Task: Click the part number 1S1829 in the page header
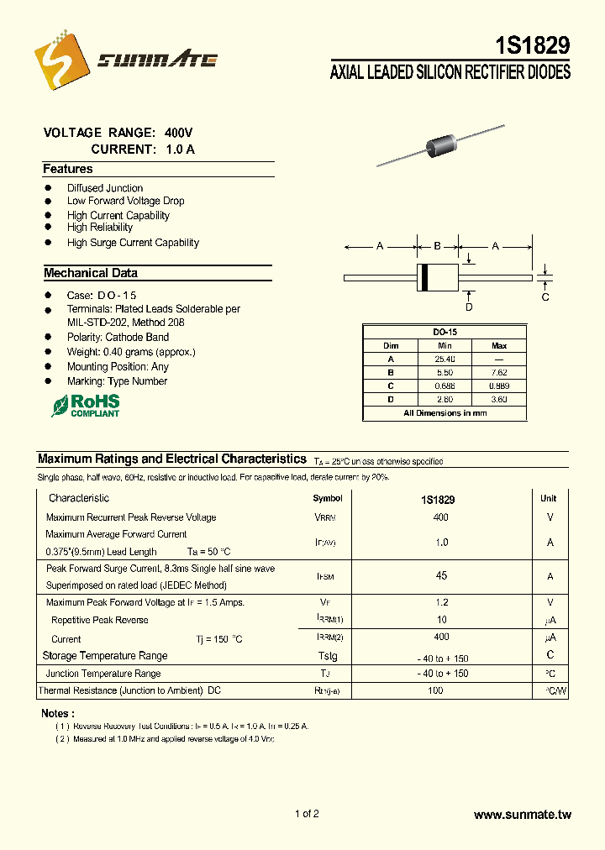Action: [x=532, y=46]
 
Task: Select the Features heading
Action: [x=68, y=169]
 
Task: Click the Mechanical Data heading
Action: [x=91, y=273]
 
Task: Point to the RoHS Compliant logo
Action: [x=86, y=406]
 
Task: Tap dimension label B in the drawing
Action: [x=437, y=246]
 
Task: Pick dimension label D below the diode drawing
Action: [x=469, y=307]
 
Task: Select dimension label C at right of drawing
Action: [x=545, y=296]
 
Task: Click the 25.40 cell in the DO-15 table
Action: [x=445, y=359]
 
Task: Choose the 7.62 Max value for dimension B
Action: [x=499, y=372]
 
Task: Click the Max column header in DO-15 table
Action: [x=499, y=345]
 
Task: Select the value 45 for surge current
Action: [x=441, y=576]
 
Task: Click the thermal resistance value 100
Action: [x=435, y=690]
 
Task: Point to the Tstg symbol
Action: [x=327, y=656]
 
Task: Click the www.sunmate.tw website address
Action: [x=522, y=815]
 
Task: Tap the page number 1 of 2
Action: [x=307, y=814]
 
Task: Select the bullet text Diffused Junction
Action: [x=105, y=188]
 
